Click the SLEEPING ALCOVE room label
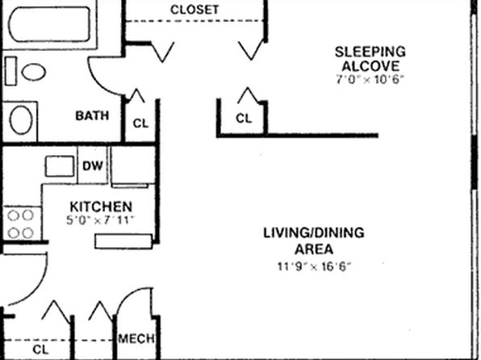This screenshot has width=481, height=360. (370, 59)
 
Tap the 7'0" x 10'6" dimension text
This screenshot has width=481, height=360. (369, 80)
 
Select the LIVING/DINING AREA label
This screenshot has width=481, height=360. (314, 241)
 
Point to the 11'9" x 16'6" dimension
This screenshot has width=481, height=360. (314, 266)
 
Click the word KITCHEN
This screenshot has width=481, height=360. (101, 207)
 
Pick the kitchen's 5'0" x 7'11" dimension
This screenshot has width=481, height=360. (101, 220)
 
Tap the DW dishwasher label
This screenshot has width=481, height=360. (92, 166)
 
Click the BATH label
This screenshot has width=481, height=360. (92, 115)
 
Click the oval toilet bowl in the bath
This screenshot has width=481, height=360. (34, 72)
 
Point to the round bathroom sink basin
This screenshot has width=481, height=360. (21, 119)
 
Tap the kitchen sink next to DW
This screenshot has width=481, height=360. (60, 166)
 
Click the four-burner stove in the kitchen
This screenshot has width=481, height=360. (22, 224)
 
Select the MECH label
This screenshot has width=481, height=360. (136, 339)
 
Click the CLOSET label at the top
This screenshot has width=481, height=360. (194, 10)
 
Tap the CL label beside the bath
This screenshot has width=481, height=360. (140, 123)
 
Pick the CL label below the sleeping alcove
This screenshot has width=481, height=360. (244, 119)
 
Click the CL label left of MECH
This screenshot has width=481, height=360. (40, 350)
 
